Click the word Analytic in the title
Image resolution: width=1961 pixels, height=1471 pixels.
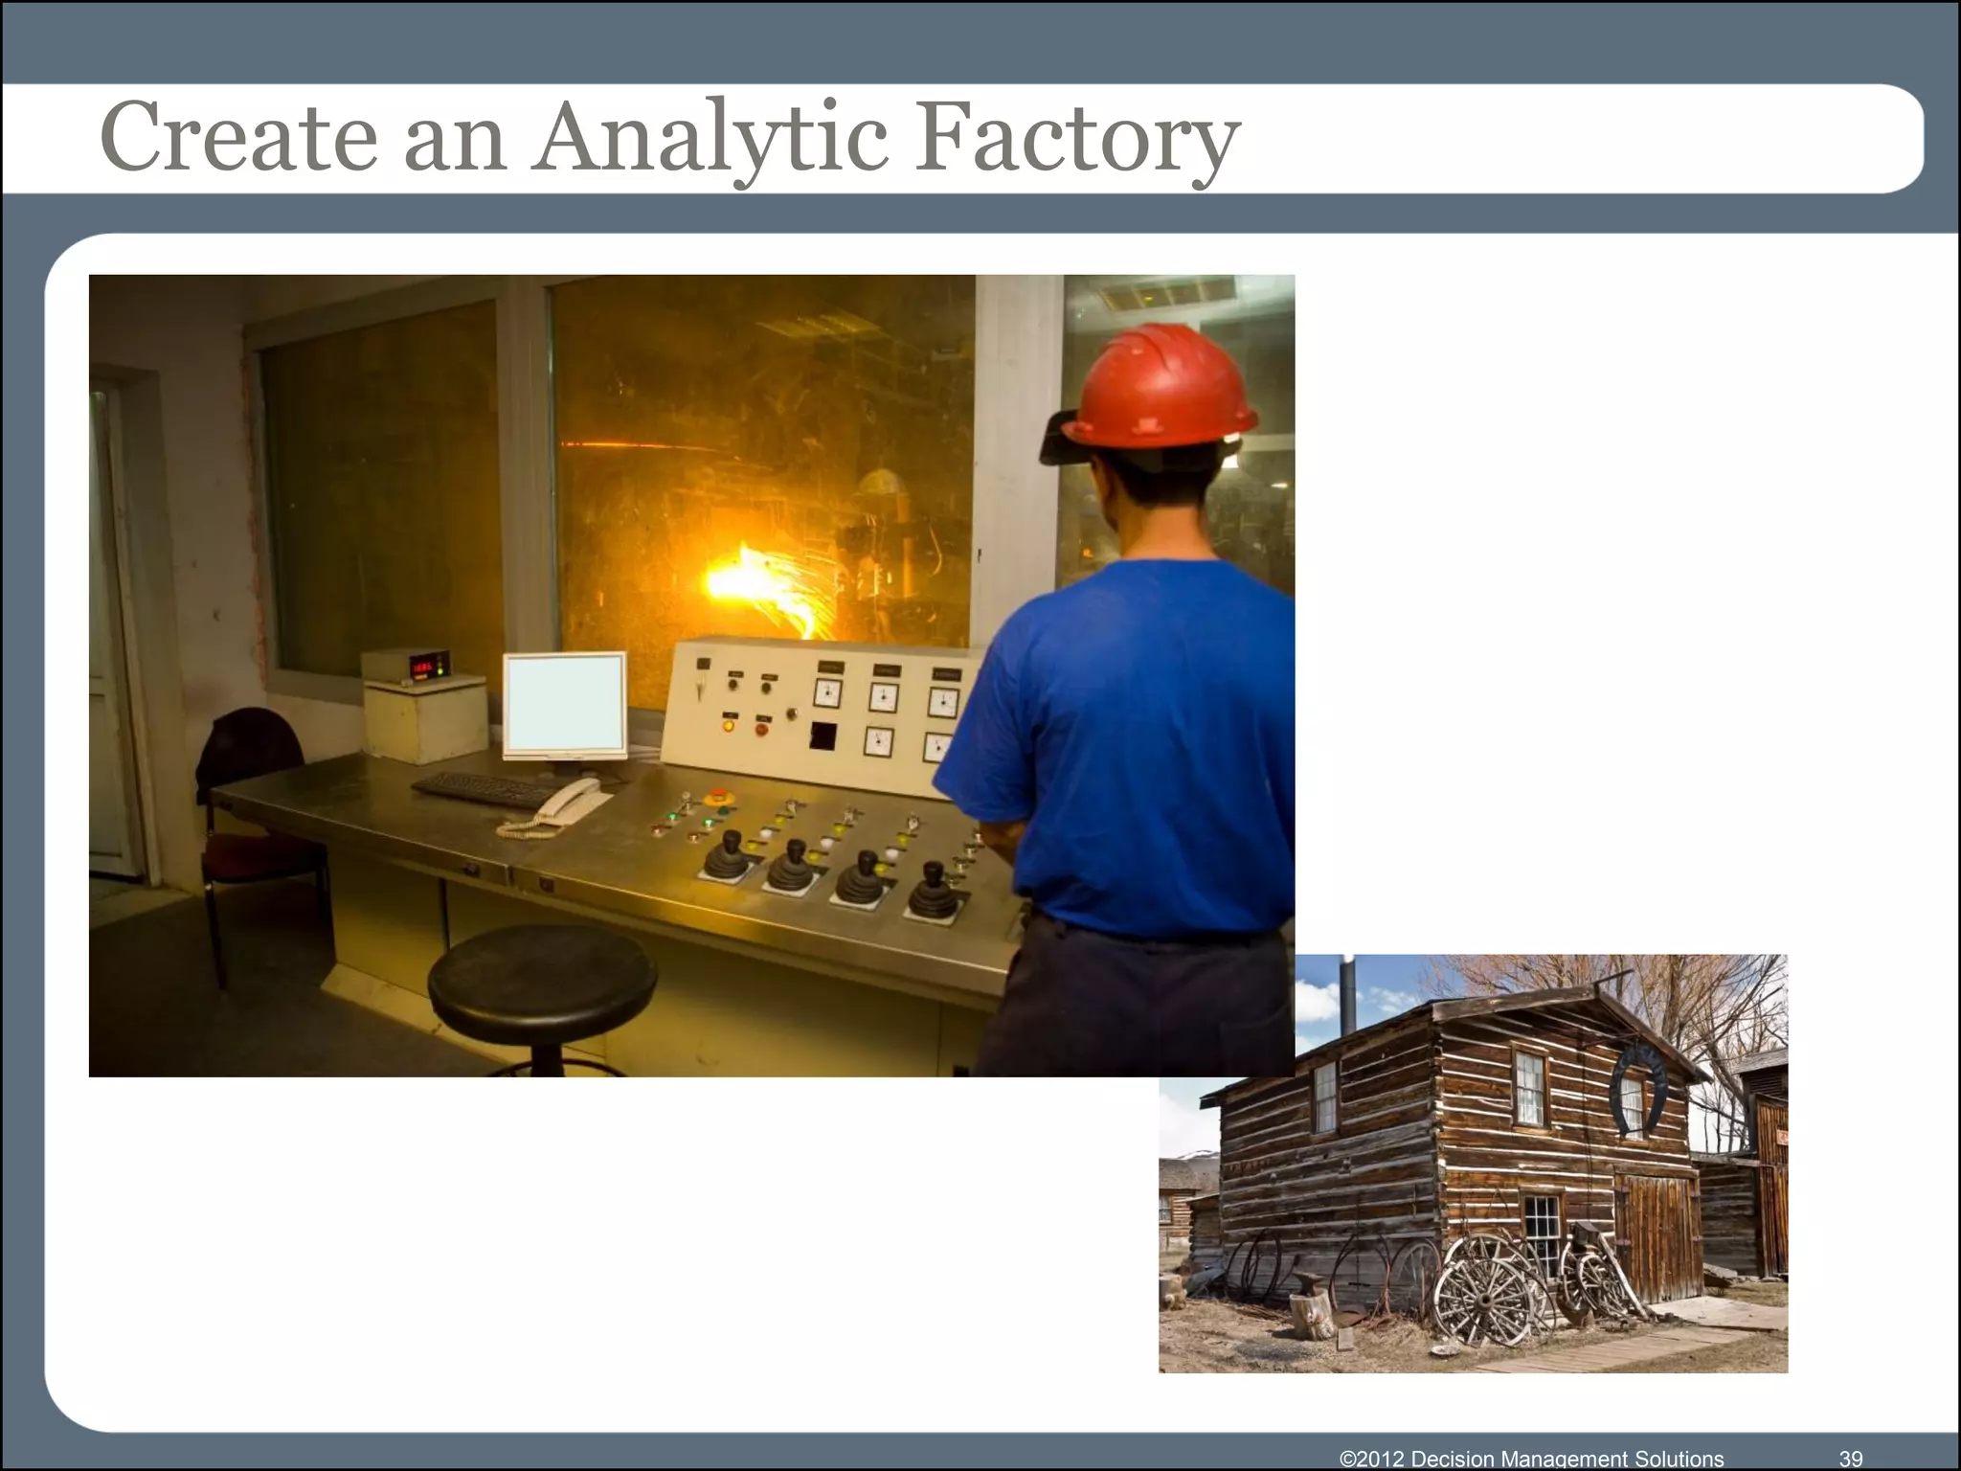coord(713,139)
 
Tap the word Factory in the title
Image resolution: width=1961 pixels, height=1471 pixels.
coord(1077,139)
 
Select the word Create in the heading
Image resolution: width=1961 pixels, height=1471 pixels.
coord(239,139)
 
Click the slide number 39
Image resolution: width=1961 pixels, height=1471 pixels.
coord(1850,1458)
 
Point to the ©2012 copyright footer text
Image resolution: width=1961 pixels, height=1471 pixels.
coord(1531,1458)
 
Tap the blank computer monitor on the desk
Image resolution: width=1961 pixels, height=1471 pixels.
coord(565,704)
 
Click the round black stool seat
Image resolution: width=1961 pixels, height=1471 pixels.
coord(542,972)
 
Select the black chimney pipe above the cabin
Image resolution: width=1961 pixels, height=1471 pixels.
coord(1348,996)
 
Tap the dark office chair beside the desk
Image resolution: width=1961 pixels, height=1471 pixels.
coord(254,804)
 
